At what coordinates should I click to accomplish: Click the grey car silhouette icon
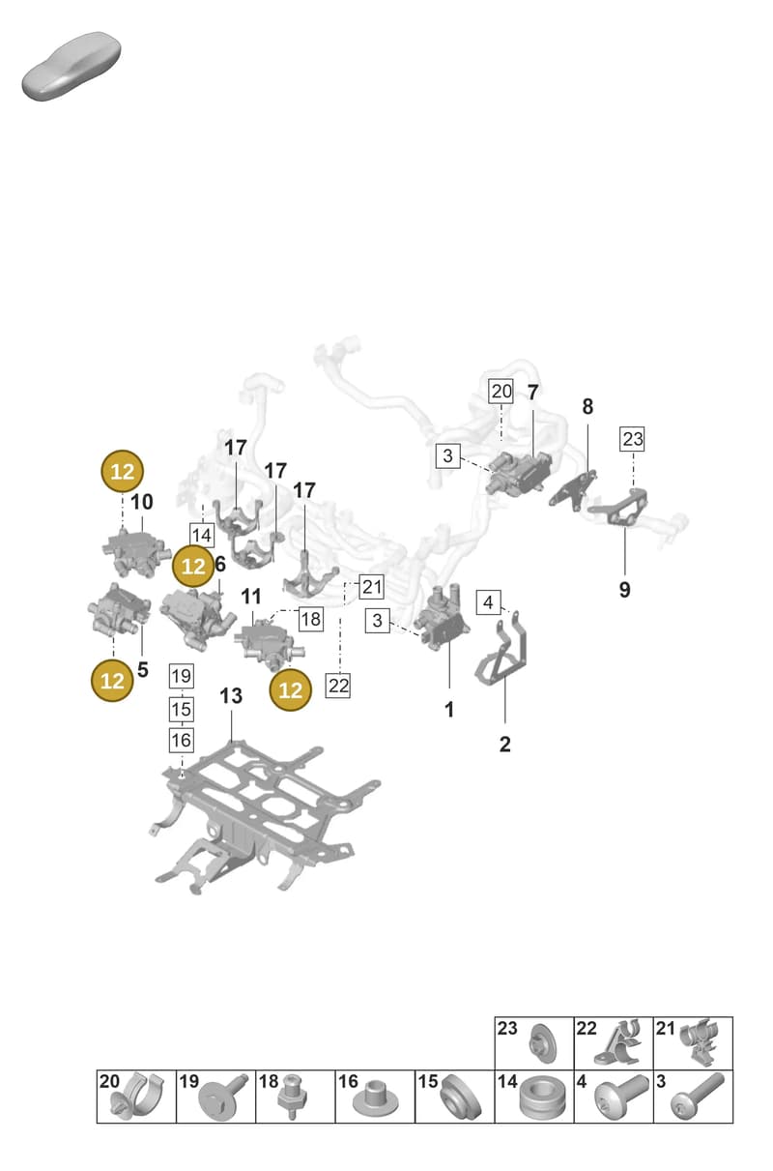click(72, 66)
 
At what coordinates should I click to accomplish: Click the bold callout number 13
click(231, 696)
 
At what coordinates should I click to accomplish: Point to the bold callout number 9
click(624, 590)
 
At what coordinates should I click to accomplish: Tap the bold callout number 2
click(504, 744)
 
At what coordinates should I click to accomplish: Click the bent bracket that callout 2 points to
click(501, 648)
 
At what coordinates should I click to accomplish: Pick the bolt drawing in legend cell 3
click(698, 1097)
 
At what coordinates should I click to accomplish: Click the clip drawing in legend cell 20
click(137, 1096)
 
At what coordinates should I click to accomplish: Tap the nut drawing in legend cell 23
click(542, 1043)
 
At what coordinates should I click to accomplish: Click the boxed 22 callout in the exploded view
click(338, 686)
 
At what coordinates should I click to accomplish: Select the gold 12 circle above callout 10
click(122, 472)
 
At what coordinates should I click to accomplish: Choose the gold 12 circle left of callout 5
click(112, 681)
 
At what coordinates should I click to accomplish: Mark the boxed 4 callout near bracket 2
click(488, 602)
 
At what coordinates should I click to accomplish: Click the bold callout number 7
click(532, 392)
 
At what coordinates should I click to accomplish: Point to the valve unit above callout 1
click(442, 617)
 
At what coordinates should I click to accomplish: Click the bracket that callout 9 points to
click(618, 506)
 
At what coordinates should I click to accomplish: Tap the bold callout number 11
click(250, 596)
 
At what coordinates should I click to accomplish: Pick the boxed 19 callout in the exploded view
click(182, 676)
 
